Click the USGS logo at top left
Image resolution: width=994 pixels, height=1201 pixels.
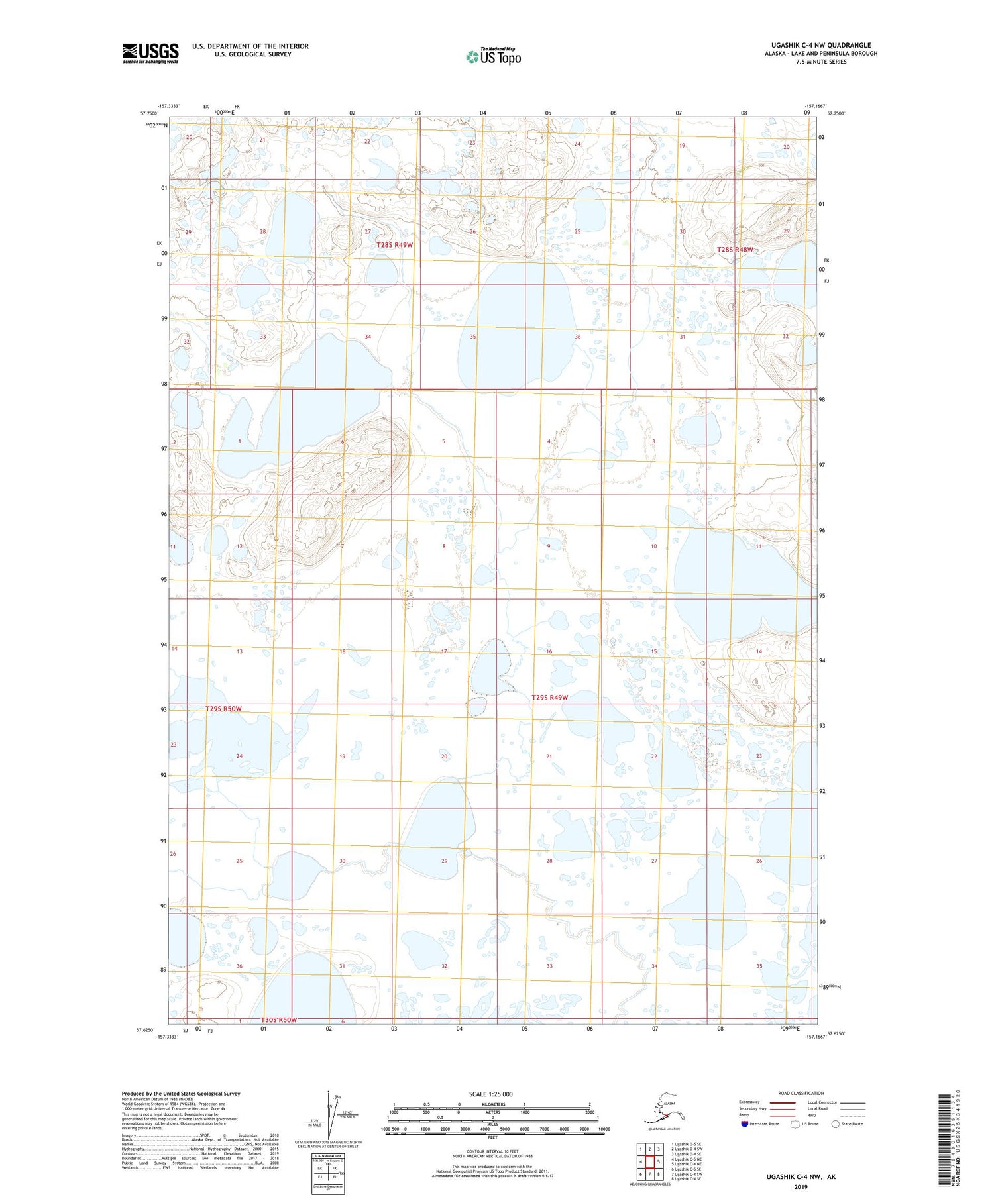(x=150, y=53)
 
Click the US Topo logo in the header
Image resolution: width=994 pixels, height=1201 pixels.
(x=494, y=56)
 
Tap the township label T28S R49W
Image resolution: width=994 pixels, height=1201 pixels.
(x=395, y=245)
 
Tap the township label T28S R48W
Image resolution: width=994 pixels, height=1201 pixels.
(x=736, y=250)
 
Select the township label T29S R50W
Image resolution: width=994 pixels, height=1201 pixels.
(x=224, y=709)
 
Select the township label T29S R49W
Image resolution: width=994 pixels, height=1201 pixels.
(x=550, y=698)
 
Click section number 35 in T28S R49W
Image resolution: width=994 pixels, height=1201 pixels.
(x=473, y=337)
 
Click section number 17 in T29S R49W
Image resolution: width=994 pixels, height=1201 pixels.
(x=444, y=652)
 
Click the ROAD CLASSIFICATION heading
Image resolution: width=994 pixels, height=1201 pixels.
(x=801, y=1093)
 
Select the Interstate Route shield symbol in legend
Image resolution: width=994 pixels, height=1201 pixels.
(x=745, y=1124)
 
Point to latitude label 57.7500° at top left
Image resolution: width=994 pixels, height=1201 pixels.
(x=149, y=114)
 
